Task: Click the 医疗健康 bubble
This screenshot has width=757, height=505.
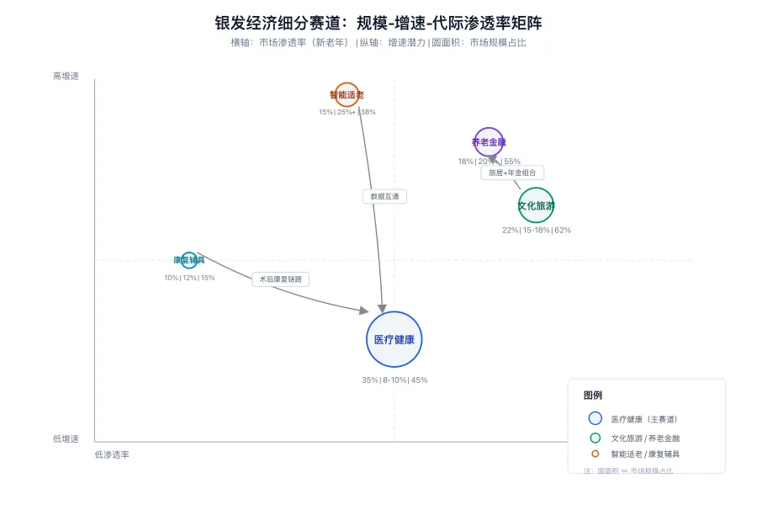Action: [x=394, y=339]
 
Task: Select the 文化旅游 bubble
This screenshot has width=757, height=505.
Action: [x=536, y=205]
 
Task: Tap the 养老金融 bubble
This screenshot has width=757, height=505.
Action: [x=489, y=142]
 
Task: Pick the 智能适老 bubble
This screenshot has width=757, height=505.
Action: [x=347, y=95]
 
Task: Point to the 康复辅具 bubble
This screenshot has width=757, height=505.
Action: [x=189, y=260]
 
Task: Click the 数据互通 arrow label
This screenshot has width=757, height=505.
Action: [x=384, y=196]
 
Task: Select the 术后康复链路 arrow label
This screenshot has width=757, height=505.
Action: [x=281, y=279]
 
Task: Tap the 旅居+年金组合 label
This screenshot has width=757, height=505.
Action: [x=512, y=173]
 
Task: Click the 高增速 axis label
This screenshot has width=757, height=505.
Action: [x=66, y=76]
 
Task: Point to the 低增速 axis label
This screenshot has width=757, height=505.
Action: [x=66, y=439]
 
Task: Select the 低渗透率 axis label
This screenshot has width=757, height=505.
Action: [x=112, y=454]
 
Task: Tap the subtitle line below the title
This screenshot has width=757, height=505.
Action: [x=378, y=42]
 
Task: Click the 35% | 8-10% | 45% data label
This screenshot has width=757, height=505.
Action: [x=394, y=380]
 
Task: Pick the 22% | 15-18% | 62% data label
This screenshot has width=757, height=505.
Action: [x=537, y=230]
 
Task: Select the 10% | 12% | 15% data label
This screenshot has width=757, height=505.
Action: [x=189, y=278]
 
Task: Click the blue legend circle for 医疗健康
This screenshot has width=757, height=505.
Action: [x=596, y=418]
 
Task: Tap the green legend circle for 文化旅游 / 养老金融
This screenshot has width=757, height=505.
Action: [x=596, y=438]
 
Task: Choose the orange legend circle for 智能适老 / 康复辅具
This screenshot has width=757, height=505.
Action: [x=596, y=454]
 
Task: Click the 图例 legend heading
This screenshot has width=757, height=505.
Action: [x=592, y=395]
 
